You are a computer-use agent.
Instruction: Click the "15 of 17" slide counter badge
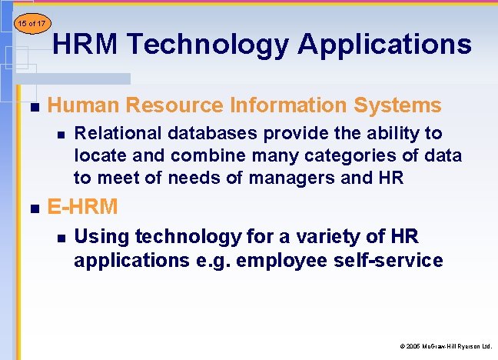point(30,24)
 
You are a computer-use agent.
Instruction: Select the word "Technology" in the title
point(207,45)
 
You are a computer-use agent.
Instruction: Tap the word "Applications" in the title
point(385,45)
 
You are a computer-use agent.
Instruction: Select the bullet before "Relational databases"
point(60,135)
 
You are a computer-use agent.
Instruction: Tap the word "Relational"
point(115,134)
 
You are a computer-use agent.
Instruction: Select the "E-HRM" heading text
point(82,206)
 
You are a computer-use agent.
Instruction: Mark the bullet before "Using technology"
point(60,238)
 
